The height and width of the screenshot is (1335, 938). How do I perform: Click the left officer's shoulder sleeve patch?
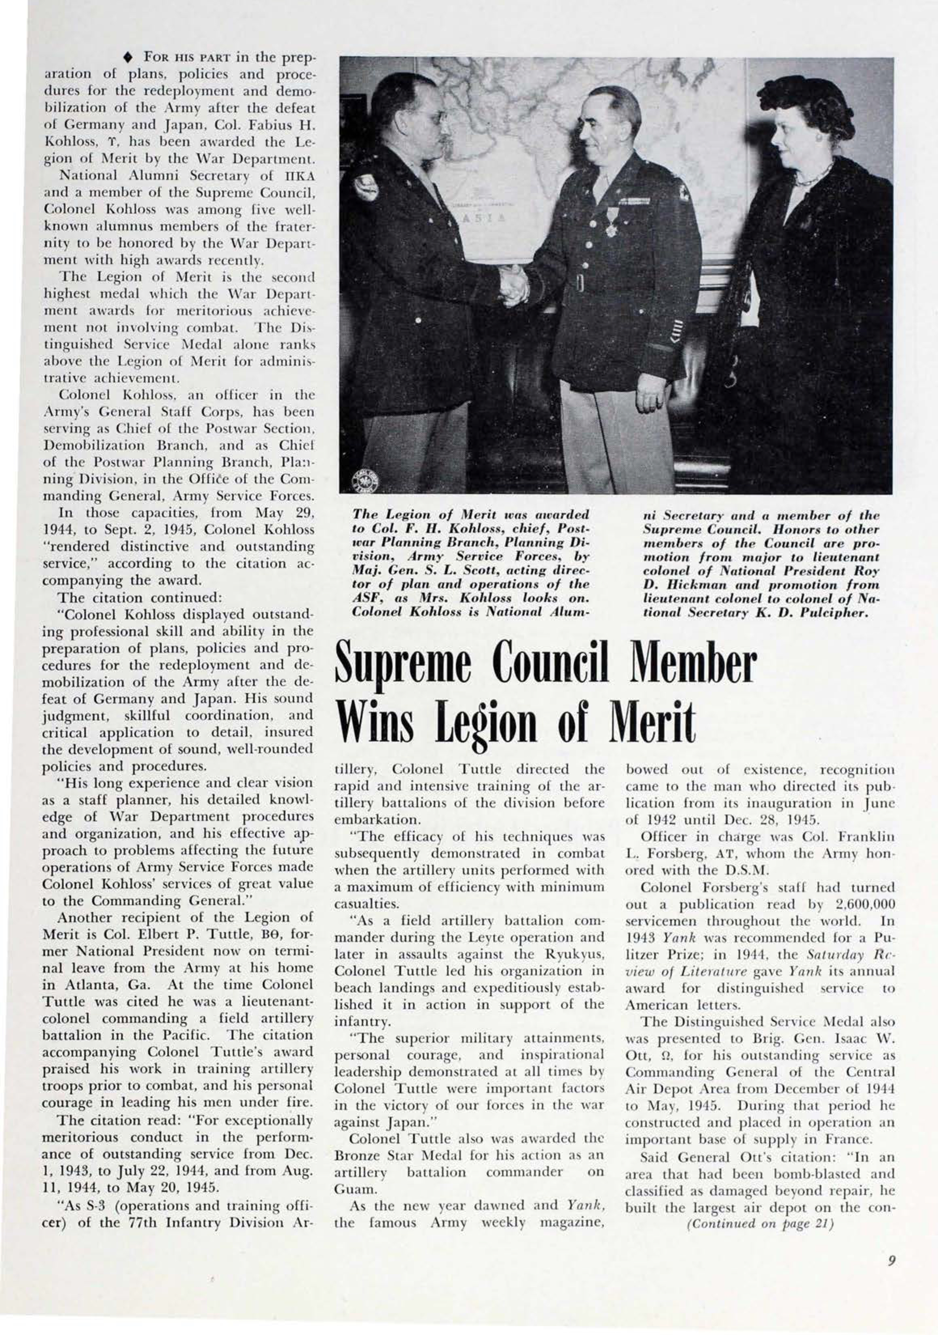pyautogui.click(x=366, y=189)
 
